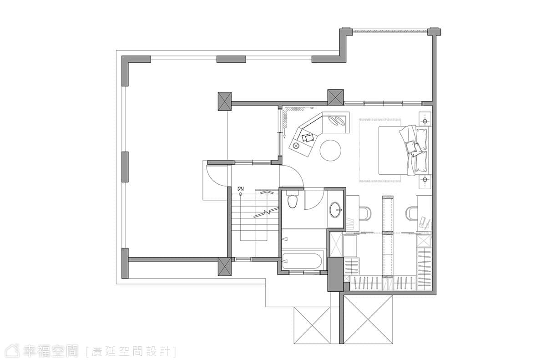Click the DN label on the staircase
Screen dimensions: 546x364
pos(241,189)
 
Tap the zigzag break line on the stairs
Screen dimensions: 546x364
pos(266,212)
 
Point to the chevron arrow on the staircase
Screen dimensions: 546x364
pos(266,192)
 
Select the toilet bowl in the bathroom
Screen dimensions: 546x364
pos(293,199)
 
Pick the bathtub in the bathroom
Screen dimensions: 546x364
pos(302,261)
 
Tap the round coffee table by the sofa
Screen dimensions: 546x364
pos(330,151)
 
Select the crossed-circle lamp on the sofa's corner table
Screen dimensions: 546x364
pos(296,146)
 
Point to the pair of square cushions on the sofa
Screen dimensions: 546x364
pos(308,138)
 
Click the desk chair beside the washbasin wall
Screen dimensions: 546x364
pos(365,213)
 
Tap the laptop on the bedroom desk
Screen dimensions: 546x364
pos(425,222)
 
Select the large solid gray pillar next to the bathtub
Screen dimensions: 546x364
pos(335,274)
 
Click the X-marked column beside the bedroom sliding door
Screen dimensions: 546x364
pos(335,97)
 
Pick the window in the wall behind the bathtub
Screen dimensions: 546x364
pos(304,272)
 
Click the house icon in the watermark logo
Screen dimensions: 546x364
pos(13,351)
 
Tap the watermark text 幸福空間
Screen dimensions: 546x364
pos(51,351)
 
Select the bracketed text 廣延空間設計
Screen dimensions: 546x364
pos(131,352)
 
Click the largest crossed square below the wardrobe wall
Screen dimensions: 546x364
pos(368,319)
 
